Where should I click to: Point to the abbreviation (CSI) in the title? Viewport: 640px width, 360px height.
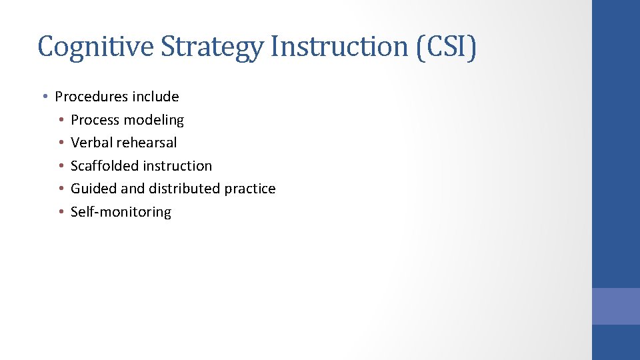[x=447, y=47]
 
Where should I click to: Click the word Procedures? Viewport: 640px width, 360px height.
[x=91, y=97]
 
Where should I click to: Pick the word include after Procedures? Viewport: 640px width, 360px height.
[x=155, y=97]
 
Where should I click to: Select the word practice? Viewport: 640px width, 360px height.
[x=250, y=189]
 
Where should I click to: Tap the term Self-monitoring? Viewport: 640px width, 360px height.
[x=121, y=212]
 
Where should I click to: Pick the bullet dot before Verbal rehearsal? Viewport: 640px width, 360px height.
[x=60, y=143]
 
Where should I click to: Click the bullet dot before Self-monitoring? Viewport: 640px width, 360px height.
[x=60, y=212]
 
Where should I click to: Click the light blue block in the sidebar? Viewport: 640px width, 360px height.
[x=615, y=306]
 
